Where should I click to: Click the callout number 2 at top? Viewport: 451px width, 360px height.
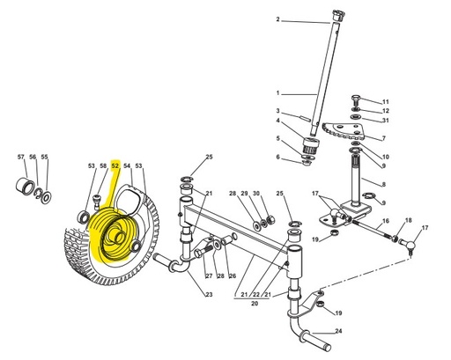277,19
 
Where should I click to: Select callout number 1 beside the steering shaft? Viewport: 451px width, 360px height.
277,92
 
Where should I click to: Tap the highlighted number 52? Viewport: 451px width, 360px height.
115,165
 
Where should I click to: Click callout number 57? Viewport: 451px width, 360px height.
21,157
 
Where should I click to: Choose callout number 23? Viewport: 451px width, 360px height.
209,294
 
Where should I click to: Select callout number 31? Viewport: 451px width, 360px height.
385,121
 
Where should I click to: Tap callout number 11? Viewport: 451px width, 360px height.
385,102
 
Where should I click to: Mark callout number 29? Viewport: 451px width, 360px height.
244,194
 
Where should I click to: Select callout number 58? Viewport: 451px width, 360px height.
103,165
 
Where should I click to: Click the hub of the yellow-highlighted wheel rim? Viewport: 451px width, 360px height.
115,237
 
